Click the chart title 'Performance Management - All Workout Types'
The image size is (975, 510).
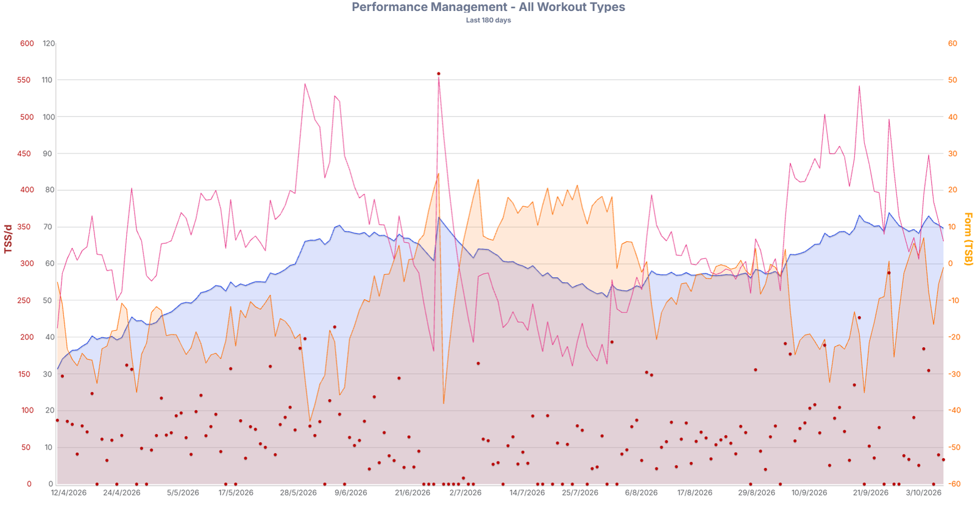pos(488,7)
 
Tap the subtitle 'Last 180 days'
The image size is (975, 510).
pos(488,20)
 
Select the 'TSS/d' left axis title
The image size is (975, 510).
pos(8,239)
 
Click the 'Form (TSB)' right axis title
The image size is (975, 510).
pos(968,239)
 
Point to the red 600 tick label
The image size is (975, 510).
pos(27,43)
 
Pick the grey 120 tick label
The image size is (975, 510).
pos(49,43)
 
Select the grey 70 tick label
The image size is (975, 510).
pos(48,227)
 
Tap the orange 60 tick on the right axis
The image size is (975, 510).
pos(952,43)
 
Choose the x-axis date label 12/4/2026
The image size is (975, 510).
pos(69,492)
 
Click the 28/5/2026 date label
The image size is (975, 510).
pos(298,492)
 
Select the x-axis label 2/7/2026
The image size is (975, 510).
pos(466,492)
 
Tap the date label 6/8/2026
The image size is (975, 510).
pos(641,492)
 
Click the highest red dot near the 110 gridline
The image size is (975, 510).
pos(439,74)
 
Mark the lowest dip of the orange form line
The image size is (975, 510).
pos(310,421)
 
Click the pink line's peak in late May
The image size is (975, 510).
pos(305,84)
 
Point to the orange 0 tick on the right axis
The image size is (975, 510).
pos(951,264)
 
